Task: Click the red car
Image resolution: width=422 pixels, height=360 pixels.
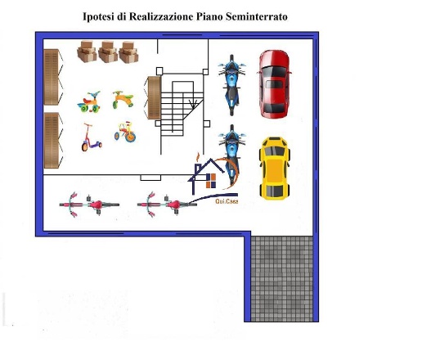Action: click(274, 84)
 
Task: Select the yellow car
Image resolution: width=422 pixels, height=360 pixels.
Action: click(275, 169)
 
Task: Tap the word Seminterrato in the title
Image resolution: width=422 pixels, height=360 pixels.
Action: click(257, 16)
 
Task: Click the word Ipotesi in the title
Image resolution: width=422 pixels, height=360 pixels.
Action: click(98, 16)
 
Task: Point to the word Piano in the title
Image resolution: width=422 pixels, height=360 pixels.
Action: click(209, 16)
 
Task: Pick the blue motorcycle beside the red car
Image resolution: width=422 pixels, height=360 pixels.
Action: click(231, 85)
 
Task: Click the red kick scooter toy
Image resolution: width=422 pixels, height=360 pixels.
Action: click(91, 137)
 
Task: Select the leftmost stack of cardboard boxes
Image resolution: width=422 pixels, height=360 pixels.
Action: click(87, 51)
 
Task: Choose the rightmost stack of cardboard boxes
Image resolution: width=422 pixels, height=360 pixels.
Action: click(128, 52)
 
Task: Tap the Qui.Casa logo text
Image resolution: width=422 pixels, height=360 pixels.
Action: click(227, 201)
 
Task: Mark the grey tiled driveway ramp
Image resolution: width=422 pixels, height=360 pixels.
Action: click(281, 278)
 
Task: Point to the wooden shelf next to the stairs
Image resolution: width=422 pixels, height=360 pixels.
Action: click(154, 97)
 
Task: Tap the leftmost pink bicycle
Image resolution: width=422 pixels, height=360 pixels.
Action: click(89, 205)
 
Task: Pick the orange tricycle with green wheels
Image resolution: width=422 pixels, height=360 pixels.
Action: click(123, 100)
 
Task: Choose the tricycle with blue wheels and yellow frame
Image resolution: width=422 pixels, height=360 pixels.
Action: click(125, 132)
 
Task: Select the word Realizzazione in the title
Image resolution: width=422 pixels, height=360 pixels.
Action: click(161, 16)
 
